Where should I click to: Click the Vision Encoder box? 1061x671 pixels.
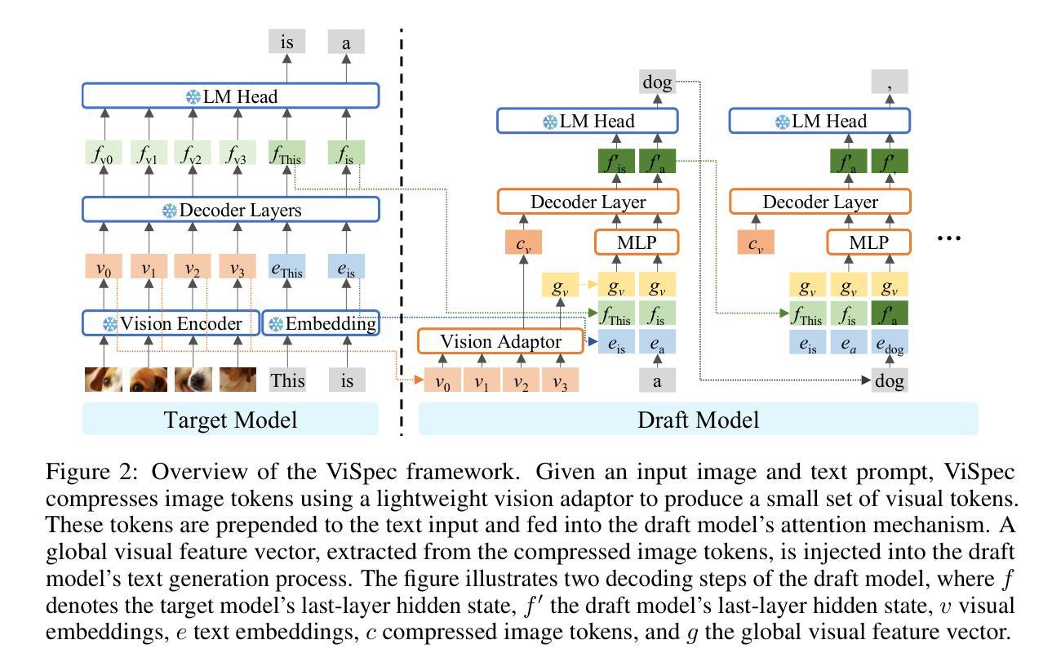171,323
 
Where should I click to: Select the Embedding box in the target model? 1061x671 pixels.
321,323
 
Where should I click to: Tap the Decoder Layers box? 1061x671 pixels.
231,210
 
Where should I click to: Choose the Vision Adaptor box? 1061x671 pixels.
500,340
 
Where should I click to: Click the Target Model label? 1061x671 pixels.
230,420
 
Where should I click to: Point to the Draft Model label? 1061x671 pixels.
698,420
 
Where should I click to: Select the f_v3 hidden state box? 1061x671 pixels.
237,153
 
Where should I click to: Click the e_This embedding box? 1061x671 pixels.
286,268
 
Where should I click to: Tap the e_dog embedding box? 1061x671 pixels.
889,344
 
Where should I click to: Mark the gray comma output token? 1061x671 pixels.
889,82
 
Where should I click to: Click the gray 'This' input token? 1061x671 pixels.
287,380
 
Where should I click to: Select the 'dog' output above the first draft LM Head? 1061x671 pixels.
657,82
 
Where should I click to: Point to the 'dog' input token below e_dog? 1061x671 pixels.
889,380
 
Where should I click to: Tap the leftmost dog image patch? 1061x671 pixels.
104,380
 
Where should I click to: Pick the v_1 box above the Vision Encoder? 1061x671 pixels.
149,268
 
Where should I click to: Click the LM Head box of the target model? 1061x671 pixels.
231,96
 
